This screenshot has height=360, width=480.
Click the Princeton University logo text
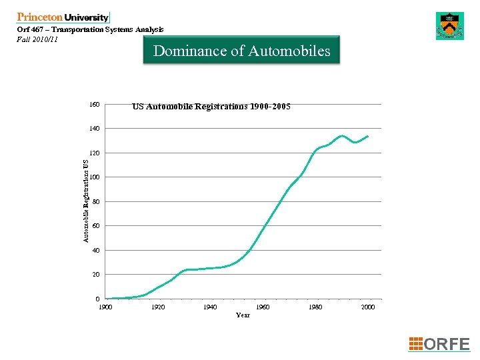pos(63,17)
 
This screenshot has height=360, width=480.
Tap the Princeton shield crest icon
pos(449,26)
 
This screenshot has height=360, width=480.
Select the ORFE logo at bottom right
pos(439,344)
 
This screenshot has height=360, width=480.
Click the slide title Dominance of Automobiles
pos(241,51)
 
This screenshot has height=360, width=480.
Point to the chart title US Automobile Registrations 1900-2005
pos(211,106)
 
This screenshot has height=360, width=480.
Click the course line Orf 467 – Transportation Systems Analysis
pos(89,29)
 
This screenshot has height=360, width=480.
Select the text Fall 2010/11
pos(37,39)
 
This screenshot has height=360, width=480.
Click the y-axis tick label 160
pos(95,105)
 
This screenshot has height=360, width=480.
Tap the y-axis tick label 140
pos(95,129)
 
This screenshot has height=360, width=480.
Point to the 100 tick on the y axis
pos(95,177)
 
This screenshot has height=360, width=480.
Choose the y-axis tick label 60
pos(96,226)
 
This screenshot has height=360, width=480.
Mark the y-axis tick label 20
pos(96,275)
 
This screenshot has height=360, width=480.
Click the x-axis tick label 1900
pos(105,307)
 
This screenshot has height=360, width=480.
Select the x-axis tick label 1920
pos(158,307)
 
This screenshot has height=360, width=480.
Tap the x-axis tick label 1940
pos(211,307)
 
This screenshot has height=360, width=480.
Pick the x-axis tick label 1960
pos(263,307)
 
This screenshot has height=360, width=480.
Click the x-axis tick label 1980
pos(315,307)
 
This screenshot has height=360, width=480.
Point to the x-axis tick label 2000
pos(367,307)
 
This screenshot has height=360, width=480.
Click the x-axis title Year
pos(243,315)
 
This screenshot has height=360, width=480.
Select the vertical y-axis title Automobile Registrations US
pos(86,200)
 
